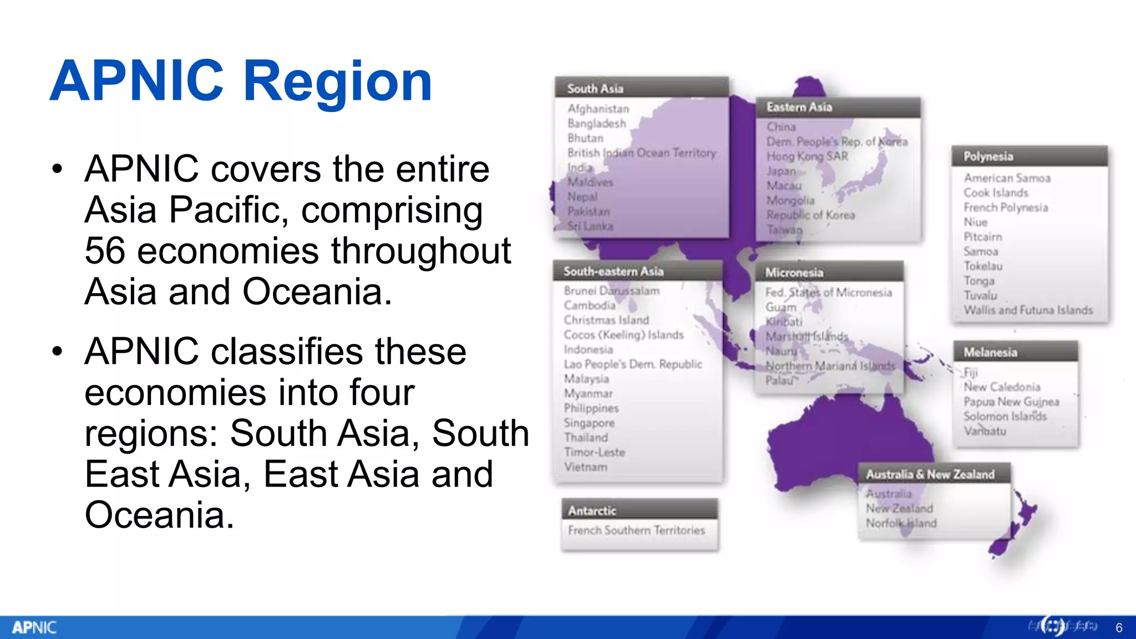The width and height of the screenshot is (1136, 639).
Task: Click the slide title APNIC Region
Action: tap(241, 82)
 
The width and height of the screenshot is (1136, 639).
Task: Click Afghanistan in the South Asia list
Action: tap(598, 109)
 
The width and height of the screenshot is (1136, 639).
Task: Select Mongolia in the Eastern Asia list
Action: tap(790, 200)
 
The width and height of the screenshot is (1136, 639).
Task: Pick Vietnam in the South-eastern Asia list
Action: tap(585, 467)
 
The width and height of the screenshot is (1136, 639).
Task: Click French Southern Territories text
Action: tap(636, 530)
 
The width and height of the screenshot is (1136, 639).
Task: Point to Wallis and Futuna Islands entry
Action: tap(1028, 310)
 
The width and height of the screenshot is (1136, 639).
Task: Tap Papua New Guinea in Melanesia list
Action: tap(1011, 402)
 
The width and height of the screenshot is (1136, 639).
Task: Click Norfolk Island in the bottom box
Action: tap(901, 523)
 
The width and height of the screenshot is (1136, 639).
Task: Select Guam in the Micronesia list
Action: tap(780, 307)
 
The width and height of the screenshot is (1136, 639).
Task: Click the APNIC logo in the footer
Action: tap(34, 627)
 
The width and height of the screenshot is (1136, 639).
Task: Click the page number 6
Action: tap(1119, 628)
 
